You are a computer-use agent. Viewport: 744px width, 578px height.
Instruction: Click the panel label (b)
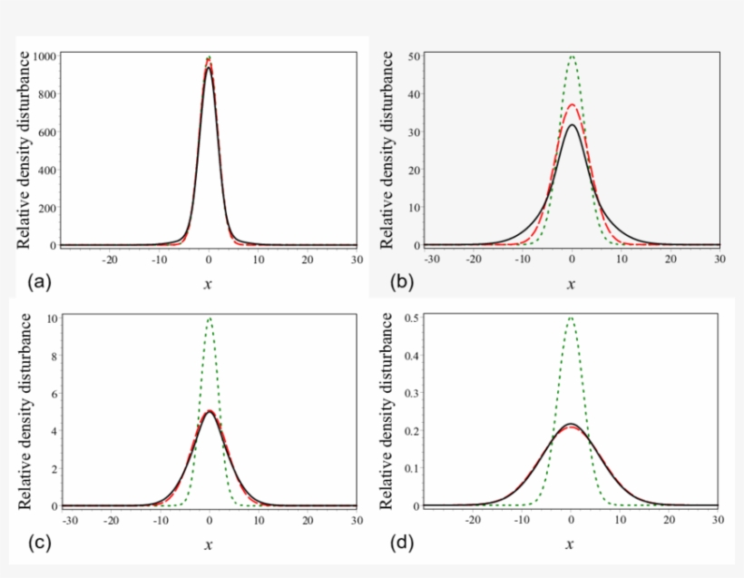click(401, 281)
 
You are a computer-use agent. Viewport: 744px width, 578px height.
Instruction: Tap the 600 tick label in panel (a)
click(48, 132)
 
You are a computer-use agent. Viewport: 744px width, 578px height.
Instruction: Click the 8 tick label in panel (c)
click(55, 356)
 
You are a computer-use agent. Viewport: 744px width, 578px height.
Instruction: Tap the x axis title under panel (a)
click(209, 283)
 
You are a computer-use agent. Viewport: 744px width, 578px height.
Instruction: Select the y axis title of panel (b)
click(388, 151)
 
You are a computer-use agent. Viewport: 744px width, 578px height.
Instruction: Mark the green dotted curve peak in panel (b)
click(572, 56)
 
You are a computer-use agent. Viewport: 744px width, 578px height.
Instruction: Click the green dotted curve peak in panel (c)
click(210, 318)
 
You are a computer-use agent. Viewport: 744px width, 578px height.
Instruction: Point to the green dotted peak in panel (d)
click(572, 318)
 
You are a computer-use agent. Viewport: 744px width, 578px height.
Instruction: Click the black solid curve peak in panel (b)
click(572, 125)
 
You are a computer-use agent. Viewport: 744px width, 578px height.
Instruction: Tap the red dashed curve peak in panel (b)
click(572, 105)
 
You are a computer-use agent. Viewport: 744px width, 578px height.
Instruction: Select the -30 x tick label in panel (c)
click(69, 521)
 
